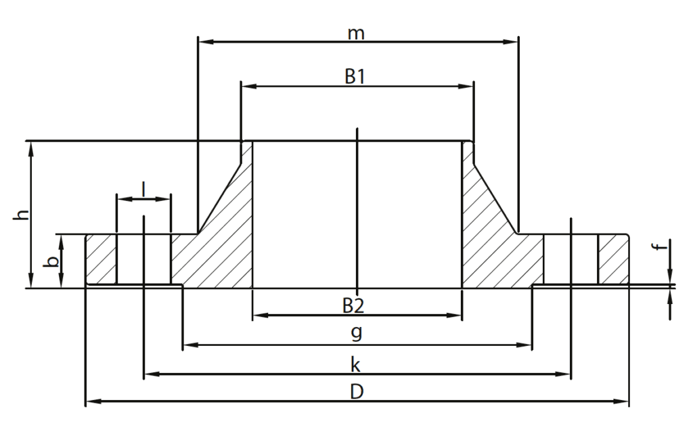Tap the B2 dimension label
(353, 306)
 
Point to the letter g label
(357, 332)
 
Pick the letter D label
(356, 392)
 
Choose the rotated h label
(23, 215)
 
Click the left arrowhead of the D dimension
(91, 401)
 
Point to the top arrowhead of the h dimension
(31, 146)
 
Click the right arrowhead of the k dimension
(566, 374)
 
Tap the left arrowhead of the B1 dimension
(247, 86)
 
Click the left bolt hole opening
(143, 259)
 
